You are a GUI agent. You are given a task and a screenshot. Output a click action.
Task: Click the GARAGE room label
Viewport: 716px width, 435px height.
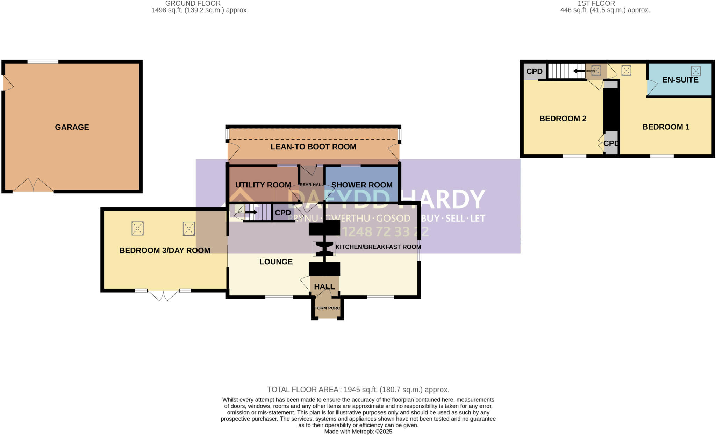click(72, 127)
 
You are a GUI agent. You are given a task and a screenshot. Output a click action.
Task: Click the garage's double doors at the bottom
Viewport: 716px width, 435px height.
click(33, 185)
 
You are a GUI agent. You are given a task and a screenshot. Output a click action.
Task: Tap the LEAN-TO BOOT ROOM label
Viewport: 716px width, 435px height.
click(313, 147)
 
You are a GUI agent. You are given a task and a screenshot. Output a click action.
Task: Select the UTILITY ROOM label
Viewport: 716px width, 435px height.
click(263, 185)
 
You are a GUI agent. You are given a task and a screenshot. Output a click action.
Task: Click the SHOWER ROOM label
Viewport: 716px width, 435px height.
click(361, 185)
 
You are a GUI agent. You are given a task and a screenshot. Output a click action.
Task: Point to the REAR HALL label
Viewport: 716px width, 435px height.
click(312, 185)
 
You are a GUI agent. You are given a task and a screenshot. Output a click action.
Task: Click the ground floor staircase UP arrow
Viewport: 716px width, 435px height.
click(251, 212)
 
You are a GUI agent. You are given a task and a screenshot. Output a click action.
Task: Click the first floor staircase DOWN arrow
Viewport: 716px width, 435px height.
click(579, 71)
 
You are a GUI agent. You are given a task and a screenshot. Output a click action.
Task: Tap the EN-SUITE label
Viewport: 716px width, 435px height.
click(680, 80)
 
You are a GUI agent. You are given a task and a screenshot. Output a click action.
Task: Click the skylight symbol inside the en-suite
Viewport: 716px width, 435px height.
click(695, 71)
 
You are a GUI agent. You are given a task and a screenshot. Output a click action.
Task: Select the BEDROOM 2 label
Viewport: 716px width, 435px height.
click(563, 119)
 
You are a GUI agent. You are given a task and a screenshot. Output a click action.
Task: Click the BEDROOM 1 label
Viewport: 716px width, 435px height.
click(666, 127)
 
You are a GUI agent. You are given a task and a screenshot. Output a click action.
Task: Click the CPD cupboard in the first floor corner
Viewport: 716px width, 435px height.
click(534, 71)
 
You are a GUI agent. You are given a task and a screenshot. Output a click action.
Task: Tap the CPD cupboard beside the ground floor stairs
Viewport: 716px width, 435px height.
click(282, 213)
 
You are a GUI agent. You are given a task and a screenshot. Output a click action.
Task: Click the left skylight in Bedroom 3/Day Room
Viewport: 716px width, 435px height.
click(137, 229)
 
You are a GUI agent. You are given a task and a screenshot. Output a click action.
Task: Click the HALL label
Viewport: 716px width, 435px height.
click(324, 287)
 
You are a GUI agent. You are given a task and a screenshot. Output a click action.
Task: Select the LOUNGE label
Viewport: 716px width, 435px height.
click(276, 262)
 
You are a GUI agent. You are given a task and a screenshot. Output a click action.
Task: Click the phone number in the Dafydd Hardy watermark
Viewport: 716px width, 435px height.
click(384, 231)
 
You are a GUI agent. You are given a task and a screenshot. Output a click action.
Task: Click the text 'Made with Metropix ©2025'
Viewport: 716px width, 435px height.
click(358, 432)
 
